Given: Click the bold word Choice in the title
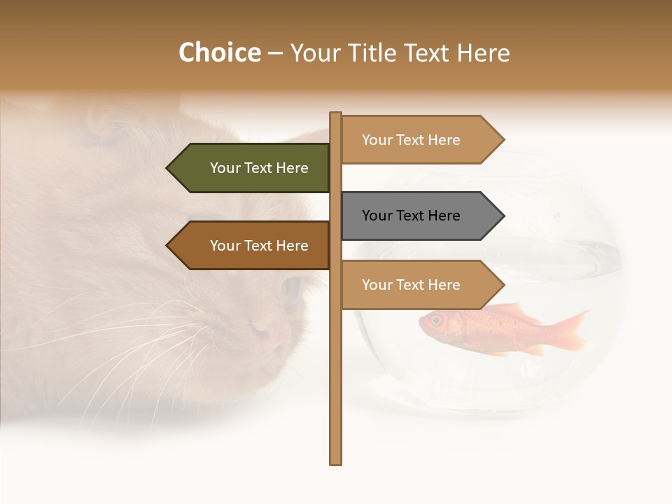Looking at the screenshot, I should click(x=219, y=52).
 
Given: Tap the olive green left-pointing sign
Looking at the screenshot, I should click(x=252, y=168).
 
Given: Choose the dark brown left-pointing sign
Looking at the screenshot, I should click(x=252, y=246).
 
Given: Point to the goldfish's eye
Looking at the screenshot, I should click(x=436, y=320).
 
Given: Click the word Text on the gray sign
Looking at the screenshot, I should click(x=412, y=216).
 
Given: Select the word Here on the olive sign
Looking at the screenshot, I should click(x=292, y=168).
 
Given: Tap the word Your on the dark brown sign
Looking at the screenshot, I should click(x=225, y=246).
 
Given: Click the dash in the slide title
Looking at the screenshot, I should click(x=275, y=53).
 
